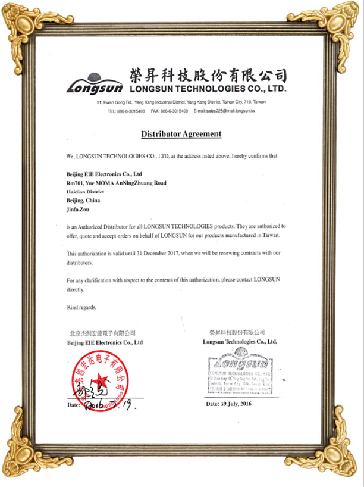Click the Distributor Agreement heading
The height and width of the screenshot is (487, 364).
181,134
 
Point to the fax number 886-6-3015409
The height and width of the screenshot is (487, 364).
170,111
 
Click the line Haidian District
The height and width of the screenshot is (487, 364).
85,192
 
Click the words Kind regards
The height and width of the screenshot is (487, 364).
81,307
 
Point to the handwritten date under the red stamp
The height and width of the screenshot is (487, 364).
110,405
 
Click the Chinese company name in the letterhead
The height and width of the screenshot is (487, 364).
208,75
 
